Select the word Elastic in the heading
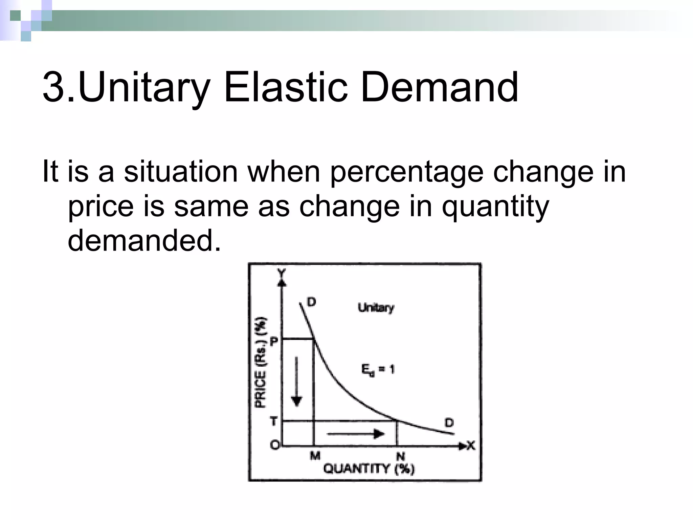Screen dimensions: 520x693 click(x=286, y=87)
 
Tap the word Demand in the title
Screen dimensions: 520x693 click(x=439, y=87)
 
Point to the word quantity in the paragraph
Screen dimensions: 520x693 click(x=495, y=207)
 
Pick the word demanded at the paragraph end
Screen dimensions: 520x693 click(x=144, y=240)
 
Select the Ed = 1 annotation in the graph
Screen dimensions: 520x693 click(x=378, y=369)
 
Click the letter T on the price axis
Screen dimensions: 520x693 click(x=274, y=421)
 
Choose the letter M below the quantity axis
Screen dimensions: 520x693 click(x=315, y=456)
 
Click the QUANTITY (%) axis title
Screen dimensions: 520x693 click(x=369, y=469)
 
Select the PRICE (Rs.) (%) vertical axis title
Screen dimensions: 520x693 click(x=261, y=362)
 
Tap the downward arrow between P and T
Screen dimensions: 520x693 click(x=297, y=381)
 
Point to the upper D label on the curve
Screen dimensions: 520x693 click(x=311, y=302)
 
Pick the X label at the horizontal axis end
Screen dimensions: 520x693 click(x=471, y=446)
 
